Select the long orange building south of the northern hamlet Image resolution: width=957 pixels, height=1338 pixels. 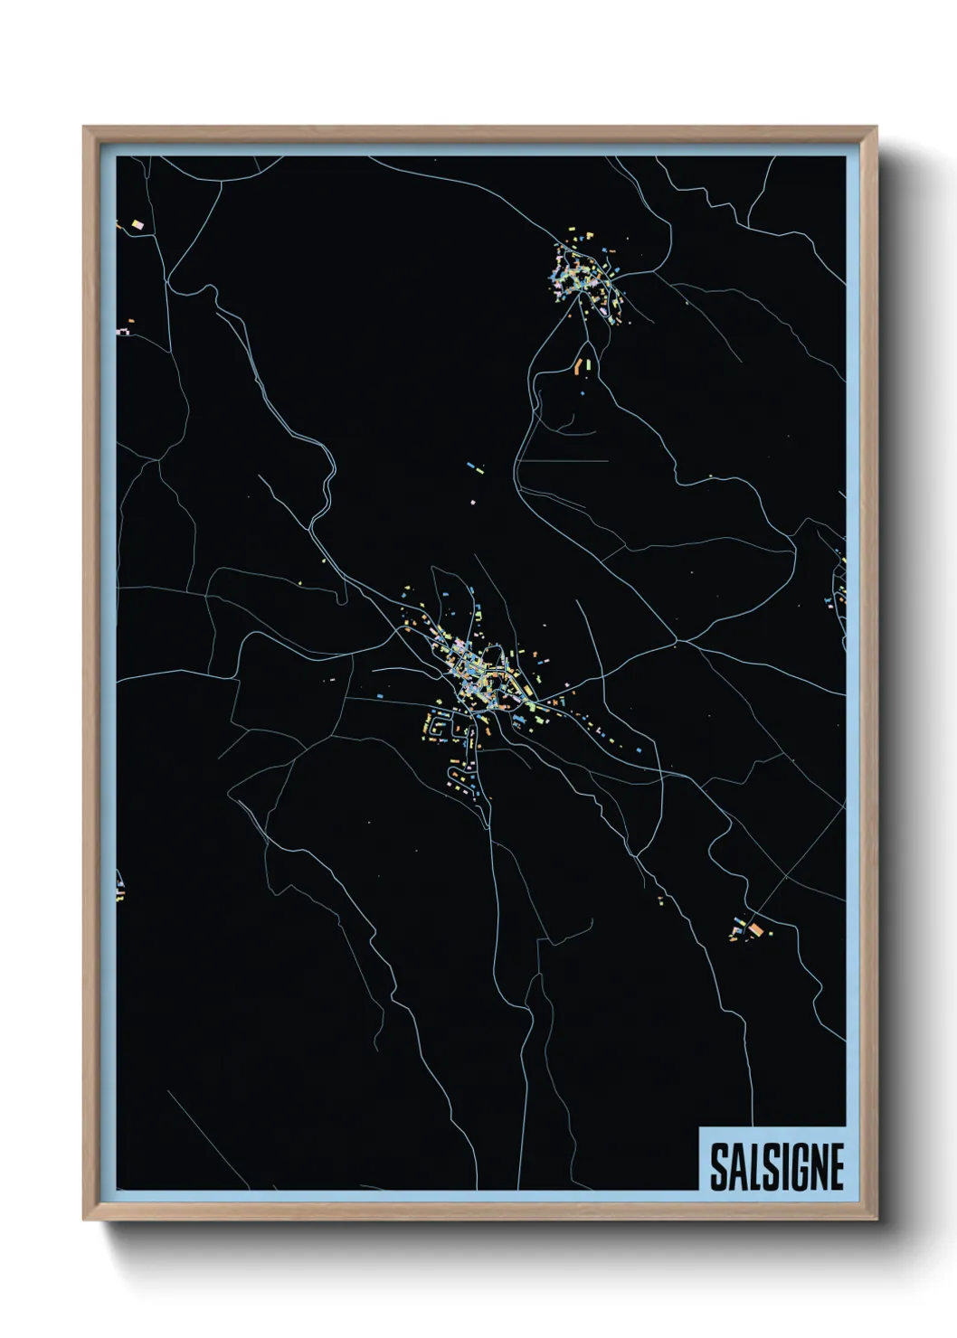pyautogui.click(x=577, y=366)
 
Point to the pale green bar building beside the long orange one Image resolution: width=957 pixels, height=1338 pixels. pyautogui.click(x=586, y=363)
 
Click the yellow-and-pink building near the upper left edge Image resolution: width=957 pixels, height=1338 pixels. pyautogui.click(x=137, y=223)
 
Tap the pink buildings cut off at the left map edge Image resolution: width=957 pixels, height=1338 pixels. pyautogui.click(x=122, y=333)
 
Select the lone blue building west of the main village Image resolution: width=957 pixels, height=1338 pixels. pyautogui.click(x=378, y=697)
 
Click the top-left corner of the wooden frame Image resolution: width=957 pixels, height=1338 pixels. pyautogui.click(x=84, y=127)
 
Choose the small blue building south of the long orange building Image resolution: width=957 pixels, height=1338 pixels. pyautogui.click(x=582, y=393)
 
